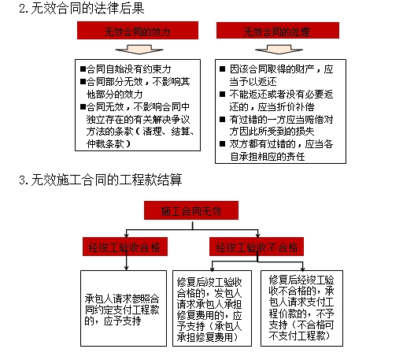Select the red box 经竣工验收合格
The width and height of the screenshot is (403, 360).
123,247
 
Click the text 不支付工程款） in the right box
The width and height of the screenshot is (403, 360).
305,335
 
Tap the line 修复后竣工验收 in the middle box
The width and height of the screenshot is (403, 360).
212,280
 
